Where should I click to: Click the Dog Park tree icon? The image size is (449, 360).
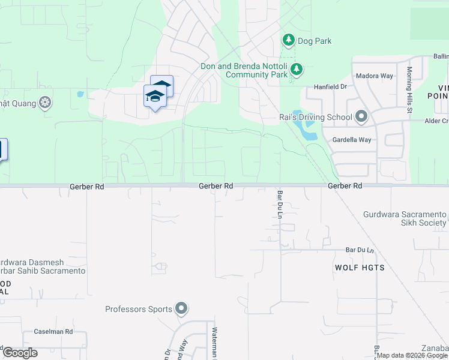pos(289,40)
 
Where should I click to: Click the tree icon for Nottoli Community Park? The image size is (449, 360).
pos(296,70)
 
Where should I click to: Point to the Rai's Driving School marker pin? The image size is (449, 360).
pos(361,116)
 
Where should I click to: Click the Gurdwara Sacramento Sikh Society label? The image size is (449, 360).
pos(405,218)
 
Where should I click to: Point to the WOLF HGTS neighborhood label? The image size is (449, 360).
pos(360,268)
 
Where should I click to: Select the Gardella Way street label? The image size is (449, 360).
pos(352,140)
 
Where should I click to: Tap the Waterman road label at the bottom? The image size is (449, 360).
pos(213,342)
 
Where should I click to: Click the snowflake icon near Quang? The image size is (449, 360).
pos(44,103)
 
